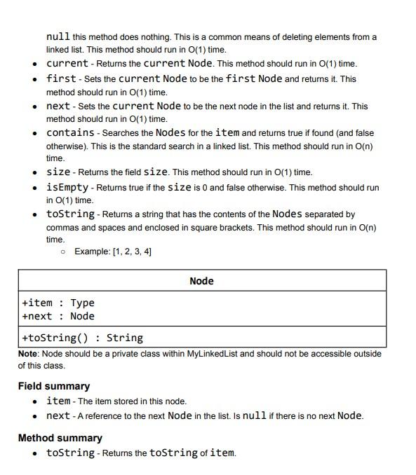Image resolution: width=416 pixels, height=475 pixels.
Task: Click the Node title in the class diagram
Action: click(x=201, y=281)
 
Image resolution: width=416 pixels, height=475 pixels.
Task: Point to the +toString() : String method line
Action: click(x=82, y=338)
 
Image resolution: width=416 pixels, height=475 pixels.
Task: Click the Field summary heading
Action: click(x=54, y=386)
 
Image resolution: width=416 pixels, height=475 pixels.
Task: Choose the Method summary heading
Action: click(x=60, y=438)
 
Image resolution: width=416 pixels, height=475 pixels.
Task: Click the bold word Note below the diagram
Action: click(x=29, y=354)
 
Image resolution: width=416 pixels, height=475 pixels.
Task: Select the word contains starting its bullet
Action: click(x=70, y=132)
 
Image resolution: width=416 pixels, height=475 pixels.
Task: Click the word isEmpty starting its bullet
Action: click(x=67, y=187)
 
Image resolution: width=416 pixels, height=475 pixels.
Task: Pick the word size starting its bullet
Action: click(x=58, y=172)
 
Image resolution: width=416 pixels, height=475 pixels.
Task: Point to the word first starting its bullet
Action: click(x=61, y=78)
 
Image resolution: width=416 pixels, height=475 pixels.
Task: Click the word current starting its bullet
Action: click(x=67, y=63)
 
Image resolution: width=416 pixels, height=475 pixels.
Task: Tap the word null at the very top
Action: click(x=58, y=36)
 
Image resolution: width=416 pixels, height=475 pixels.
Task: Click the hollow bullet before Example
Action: click(x=63, y=252)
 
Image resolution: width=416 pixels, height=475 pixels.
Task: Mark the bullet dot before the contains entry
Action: click(x=35, y=133)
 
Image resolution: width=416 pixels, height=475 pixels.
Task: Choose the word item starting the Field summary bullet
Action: click(x=58, y=401)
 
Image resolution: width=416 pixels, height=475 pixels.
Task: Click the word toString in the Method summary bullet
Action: click(x=70, y=453)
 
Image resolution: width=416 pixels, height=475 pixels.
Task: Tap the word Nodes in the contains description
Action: click(x=170, y=132)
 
